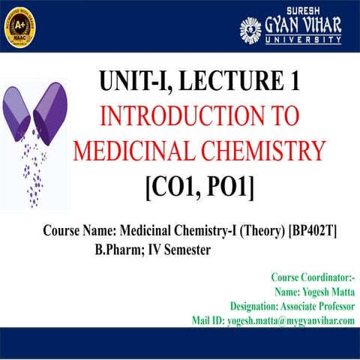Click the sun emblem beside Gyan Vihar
[x=250, y=29]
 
